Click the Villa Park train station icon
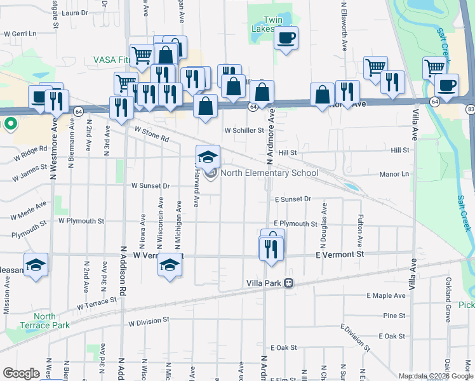coord(288,283)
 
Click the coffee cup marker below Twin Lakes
coord(286,38)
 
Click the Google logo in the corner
coord(21,373)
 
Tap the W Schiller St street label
coord(244,130)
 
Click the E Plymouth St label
coord(295,224)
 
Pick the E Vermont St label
coord(341,254)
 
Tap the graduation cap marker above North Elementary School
coord(208,156)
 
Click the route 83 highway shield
coord(470,109)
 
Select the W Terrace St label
coord(97,302)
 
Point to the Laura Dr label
coord(75,13)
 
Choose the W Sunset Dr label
coord(151,186)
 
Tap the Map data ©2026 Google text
coord(436,376)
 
